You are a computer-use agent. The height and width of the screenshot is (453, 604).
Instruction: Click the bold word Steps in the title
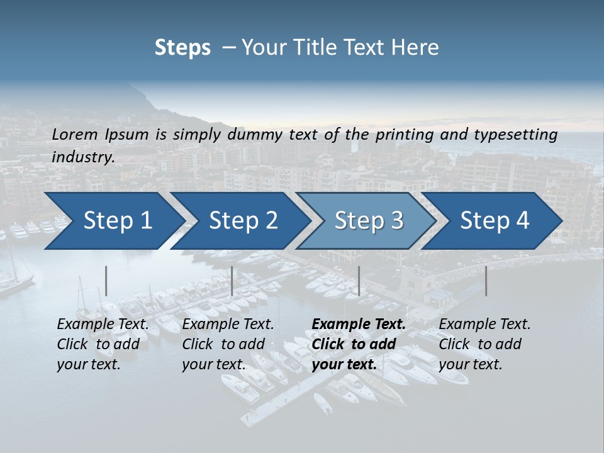(x=182, y=48)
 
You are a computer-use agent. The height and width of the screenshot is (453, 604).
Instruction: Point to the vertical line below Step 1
(x=106, y=281)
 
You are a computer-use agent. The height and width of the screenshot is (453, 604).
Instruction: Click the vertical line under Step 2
(x=232, y=281)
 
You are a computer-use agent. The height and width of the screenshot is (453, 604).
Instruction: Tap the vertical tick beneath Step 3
(x=359, y=281)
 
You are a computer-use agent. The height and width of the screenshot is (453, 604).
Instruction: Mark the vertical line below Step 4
(x=486, y=281)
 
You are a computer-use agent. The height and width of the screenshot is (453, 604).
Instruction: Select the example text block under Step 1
(x=103, y=344)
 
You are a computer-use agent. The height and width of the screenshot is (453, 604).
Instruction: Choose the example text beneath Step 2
(x=228, y=344)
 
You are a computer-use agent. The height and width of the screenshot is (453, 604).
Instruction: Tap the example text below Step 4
(x=484, y=344)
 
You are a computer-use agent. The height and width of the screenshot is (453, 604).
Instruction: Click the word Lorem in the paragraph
(x=74, y=135)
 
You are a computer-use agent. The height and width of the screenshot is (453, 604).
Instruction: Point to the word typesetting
(x=515, y=135)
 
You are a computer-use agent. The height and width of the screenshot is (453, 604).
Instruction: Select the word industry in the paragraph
(x=82, y=157)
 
